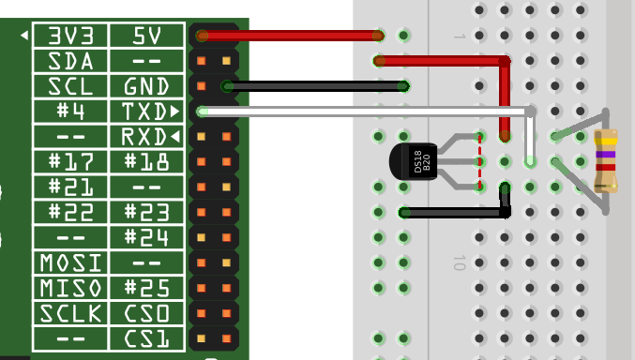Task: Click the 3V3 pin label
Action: click(71, 36)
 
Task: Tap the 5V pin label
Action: click(147, 36)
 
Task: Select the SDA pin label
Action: click(71, 61)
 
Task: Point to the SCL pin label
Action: click(71, 86)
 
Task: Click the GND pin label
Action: click(146, 86)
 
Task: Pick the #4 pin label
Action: click(71, 112)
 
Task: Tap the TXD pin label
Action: click(144, 112)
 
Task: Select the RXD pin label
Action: click(144, 137)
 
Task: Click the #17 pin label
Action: click(71, 162)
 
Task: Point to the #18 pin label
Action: click(146, 162)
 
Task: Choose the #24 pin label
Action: click(146, 238)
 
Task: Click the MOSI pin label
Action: click(71, 263)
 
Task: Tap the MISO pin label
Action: click(71, 289)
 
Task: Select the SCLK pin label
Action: click(71, 313)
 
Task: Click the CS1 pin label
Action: click(146, 339)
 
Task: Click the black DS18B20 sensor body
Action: click(413, 161)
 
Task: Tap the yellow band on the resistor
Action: click(606, 142)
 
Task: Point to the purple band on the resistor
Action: click(606, 155)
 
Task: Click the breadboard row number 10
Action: click(460, 262)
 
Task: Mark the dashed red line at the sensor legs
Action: click(480, 162)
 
